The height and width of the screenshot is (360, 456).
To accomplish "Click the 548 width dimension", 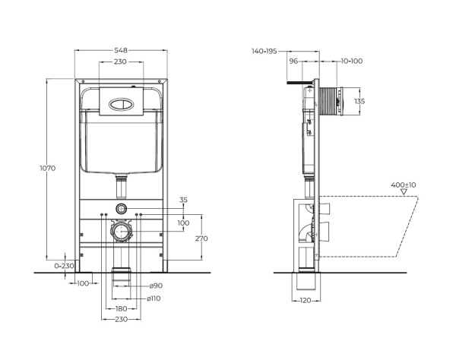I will point(120,50).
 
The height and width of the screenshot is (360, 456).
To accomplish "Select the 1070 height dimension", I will point(46,168).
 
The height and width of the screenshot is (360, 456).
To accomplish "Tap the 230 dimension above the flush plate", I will point(120,63).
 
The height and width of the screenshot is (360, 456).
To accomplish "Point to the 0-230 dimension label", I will point(65,265).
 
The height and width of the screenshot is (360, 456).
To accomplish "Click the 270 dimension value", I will point(201,238).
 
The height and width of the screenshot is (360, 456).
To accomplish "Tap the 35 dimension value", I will point(182,201).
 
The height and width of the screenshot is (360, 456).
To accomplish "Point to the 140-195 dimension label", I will point(264,52).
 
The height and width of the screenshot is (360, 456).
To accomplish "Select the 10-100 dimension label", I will point(352,62).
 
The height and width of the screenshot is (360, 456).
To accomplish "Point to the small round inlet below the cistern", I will point(120,207).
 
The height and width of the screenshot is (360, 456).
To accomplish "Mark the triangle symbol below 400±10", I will point(403,194).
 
